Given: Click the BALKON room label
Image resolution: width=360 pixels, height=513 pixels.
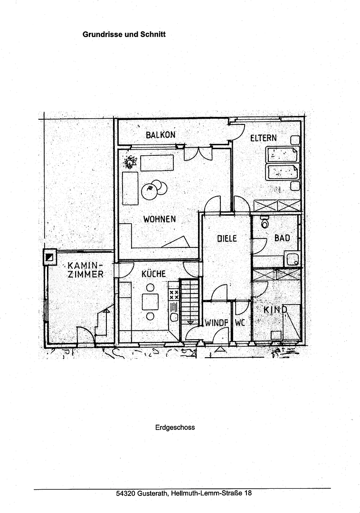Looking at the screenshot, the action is click(x=161, y=135).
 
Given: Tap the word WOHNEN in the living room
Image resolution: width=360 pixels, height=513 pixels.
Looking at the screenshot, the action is click(x=160, y=219).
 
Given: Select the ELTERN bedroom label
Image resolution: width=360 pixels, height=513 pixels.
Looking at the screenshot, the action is click(x=264, y=138).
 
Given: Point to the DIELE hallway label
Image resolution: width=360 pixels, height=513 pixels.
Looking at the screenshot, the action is click(x=227, y=238).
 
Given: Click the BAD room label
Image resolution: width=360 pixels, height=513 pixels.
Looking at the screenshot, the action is click(x=282, y=238).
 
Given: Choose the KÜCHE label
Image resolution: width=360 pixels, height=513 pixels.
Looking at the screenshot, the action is click(x=154, y=274).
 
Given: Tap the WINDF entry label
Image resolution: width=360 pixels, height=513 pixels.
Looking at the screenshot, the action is click(x=217, y=323).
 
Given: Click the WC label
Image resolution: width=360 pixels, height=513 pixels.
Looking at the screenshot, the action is click(x=240, y=323).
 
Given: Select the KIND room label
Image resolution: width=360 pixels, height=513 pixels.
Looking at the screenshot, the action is click(x=275, y=310).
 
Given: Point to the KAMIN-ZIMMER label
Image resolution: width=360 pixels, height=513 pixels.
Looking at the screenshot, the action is click(x=85, y=270).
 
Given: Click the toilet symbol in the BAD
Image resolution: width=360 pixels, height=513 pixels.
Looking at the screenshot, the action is click(x=265, y=222).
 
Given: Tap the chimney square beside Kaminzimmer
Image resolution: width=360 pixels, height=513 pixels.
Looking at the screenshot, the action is click(x=50, y=257).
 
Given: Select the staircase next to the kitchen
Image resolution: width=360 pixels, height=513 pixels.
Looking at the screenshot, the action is click(x=189, y=302).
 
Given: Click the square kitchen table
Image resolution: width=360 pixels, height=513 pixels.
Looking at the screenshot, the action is click(x=150, y=302).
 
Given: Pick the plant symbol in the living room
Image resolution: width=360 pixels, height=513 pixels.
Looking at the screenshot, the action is click(x=130, y=162).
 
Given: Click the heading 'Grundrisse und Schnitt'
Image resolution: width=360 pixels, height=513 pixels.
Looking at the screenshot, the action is click(x=124, y=34).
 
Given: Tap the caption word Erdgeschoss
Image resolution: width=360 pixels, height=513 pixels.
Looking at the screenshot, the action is click(x=175, y=427).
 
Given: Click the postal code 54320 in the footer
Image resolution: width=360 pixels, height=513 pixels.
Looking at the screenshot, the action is click(x=125, y=493).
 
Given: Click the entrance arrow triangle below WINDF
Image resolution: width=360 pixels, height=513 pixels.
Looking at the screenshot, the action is click(x=221, y=349).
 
